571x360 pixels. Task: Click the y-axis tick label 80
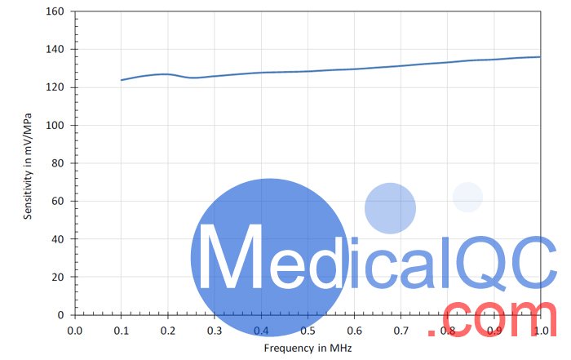(x=58, y=163)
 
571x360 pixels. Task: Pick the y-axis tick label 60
(x=58, y=201)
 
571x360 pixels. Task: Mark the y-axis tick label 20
(x=58, y=277)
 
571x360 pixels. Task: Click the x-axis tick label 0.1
(x=122, y=331)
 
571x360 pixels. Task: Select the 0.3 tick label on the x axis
(x=215, y=331)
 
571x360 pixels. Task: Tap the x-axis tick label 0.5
(x=308, y=331)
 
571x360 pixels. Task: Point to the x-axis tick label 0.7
(x=401, y=331)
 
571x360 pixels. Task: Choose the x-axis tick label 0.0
(x=75, y=331)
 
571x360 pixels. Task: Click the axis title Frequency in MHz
(x=308, y=348)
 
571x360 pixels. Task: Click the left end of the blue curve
(x=122, y=80)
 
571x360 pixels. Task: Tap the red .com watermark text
(x=498, y=321)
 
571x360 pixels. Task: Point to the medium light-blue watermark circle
(x=390, y=208)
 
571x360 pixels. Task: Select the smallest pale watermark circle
(x=467, y=197)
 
